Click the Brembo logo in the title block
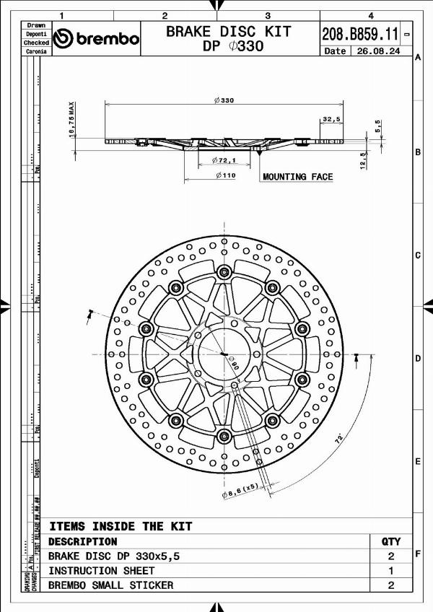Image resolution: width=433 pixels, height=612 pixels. pos(97,38)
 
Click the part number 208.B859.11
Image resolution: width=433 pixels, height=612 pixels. pos(360,33)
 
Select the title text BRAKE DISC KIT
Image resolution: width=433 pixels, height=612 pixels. pos(229,31)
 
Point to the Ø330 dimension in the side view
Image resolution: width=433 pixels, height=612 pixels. pos(224,101)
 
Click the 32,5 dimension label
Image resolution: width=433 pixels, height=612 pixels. pos(332,119)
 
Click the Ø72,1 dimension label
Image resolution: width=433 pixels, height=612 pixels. pos(224,159)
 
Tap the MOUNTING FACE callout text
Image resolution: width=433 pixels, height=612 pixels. pos(297,177)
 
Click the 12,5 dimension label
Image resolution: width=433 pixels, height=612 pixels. pos(364,159)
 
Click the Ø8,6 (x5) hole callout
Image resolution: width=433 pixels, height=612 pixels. pos(240,491)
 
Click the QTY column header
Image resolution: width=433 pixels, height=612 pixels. pos(390,541)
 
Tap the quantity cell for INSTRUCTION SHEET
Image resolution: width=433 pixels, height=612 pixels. pos(390,571)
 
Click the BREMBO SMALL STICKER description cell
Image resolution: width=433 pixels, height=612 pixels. pos(110,585)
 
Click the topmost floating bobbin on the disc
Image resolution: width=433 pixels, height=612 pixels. pos(224,271)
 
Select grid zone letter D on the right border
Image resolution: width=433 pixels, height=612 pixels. pos(417,359)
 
